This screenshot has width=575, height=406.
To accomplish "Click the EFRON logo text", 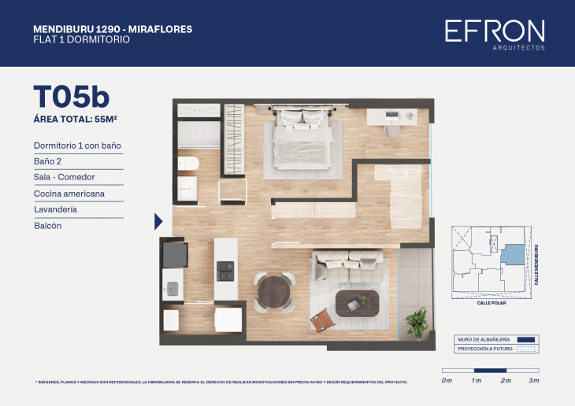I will (494, 31).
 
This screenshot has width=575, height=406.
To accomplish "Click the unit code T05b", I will (71, 96).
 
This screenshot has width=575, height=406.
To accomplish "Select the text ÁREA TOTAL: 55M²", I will (80, 120).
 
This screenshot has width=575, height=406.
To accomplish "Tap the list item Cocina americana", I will (69, 194).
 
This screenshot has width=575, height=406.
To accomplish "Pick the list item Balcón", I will (47, 226).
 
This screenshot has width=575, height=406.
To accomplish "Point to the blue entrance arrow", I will (158, 221).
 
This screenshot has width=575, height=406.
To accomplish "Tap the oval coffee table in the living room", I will (357, 302).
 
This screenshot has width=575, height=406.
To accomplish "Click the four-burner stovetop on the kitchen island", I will (226, 271).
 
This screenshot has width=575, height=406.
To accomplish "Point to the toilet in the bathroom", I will (188, 164).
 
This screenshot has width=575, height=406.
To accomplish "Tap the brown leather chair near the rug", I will (321, 319).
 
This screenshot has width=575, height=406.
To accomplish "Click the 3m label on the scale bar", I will (533, 381).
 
